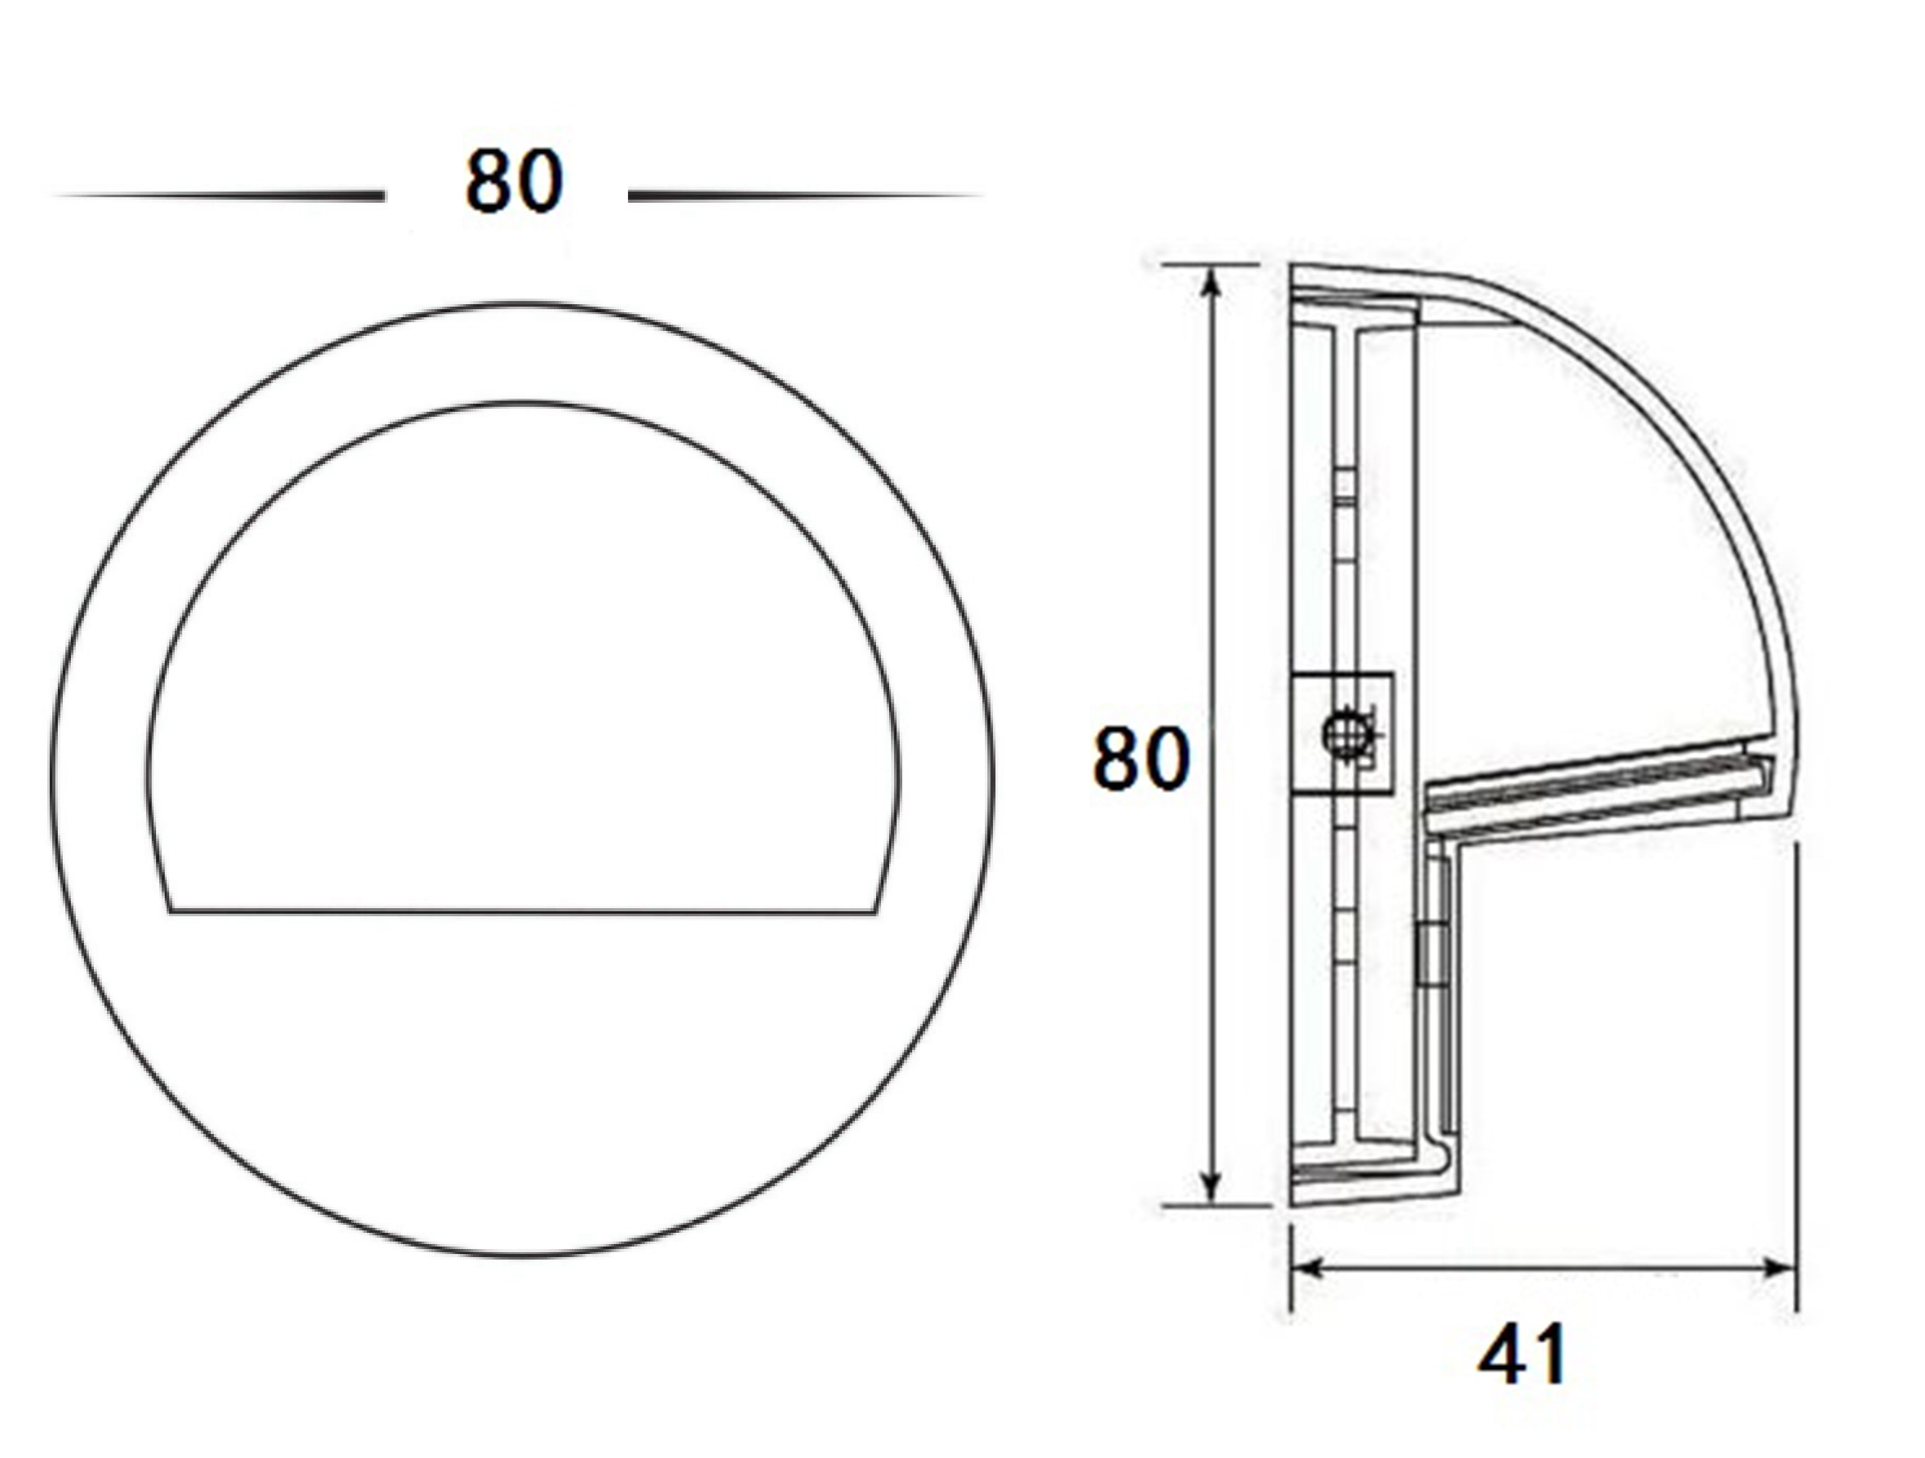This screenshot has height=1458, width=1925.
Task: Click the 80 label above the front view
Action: point(514,182)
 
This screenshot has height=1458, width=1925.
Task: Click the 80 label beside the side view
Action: point(1140,758)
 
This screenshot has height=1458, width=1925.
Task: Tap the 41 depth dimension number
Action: point(1522,1354)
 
